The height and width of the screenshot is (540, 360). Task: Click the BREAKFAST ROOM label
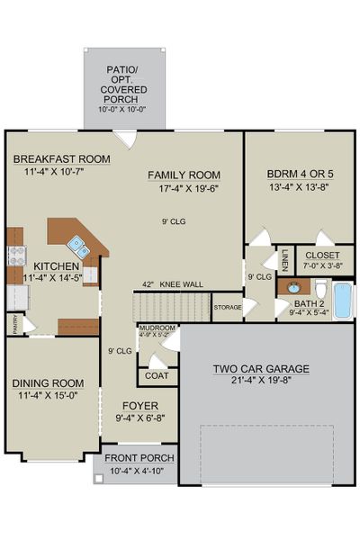click(x=61, y=159)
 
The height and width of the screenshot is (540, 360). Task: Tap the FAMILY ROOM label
click(x=184, y=175)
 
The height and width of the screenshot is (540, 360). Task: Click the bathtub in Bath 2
click(x=342, y=300)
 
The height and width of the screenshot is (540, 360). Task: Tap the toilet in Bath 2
click(x=320, y=290)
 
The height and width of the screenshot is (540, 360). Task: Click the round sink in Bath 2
click(x=293, y=288)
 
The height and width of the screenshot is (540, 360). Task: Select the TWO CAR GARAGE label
click(x=261, y=369)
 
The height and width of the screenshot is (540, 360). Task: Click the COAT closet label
click(x=157, y=376)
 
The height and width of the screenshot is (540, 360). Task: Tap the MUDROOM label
click(x=157, y=328)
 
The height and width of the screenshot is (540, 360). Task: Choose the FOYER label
click(x=141, y=405)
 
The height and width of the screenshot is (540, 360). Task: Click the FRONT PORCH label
click(x=139, y=458)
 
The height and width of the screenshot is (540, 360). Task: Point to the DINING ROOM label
click(x=48, y=382)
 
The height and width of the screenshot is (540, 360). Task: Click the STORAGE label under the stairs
click(x=228, y=307)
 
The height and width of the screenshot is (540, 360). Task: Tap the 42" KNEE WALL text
click(x=172, y=284)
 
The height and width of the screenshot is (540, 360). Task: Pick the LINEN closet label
click(x=284, y=259)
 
